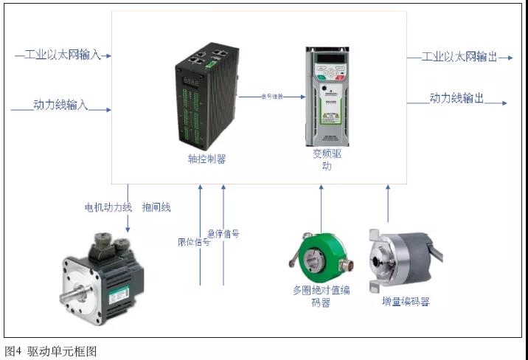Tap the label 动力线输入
coord(60,105)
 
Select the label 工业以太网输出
coord(459,57)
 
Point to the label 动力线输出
coord(457,98)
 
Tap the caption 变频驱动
coord(327,160)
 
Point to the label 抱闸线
coord(156,207)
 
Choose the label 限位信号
coord(194,241)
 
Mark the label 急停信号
coord(223,234)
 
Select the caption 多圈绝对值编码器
coord(321,296)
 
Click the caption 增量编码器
coord(406,302)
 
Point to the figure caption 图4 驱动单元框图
coord(51,351)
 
